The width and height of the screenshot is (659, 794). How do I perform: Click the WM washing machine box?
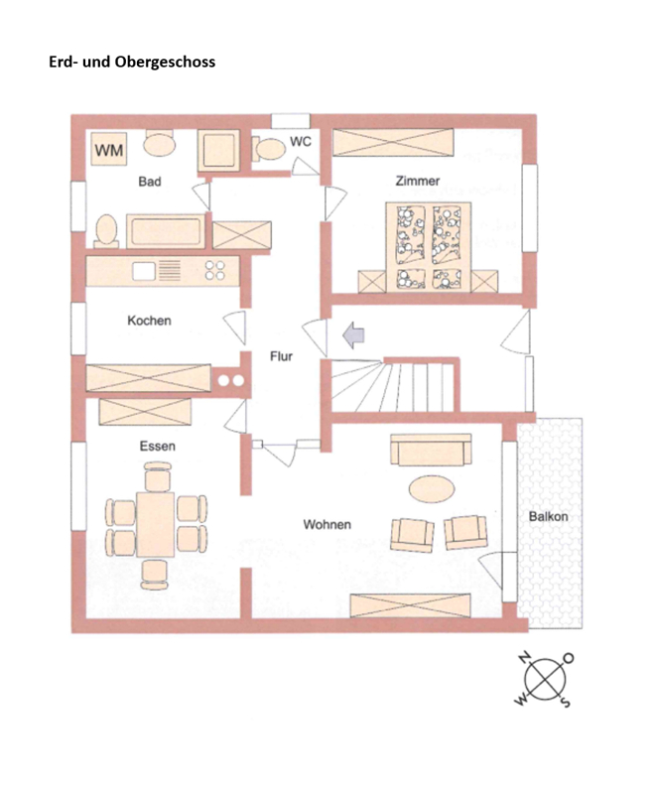(x=109, y=149)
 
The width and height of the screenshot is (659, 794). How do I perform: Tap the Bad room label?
(x=150, y=182)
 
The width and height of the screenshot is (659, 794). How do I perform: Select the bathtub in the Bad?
(x=166, y=231)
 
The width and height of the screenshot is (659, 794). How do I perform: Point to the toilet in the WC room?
(x=269, y=149)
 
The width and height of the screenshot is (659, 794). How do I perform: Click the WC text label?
(x=301, y=141)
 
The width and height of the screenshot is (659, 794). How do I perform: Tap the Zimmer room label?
(x=418, y=181)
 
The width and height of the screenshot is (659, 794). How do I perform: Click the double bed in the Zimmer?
(x=429, y=247)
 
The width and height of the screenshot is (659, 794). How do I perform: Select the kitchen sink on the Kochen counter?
(x=143, y=271)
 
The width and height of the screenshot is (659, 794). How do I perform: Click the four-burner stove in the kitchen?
(x=214, y=270)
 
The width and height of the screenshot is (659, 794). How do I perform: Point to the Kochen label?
(x=149, y=321)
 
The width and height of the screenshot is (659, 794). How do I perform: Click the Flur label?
(x=281, y=356)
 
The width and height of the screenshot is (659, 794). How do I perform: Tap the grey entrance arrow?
(x=353, y=335)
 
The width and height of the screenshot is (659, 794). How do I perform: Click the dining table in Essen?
(x=156, y=524)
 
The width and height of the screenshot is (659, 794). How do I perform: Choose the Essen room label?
(x=158, y=446)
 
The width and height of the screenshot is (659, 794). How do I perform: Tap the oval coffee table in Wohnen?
(x=432, y=489)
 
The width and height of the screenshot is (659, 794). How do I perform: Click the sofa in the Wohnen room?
(x=431, y=450)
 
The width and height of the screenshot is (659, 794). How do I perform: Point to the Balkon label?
(x=548, y=516)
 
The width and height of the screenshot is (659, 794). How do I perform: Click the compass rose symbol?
(x=545, y=680)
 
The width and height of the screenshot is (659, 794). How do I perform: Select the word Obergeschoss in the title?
(x=165, y=63)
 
